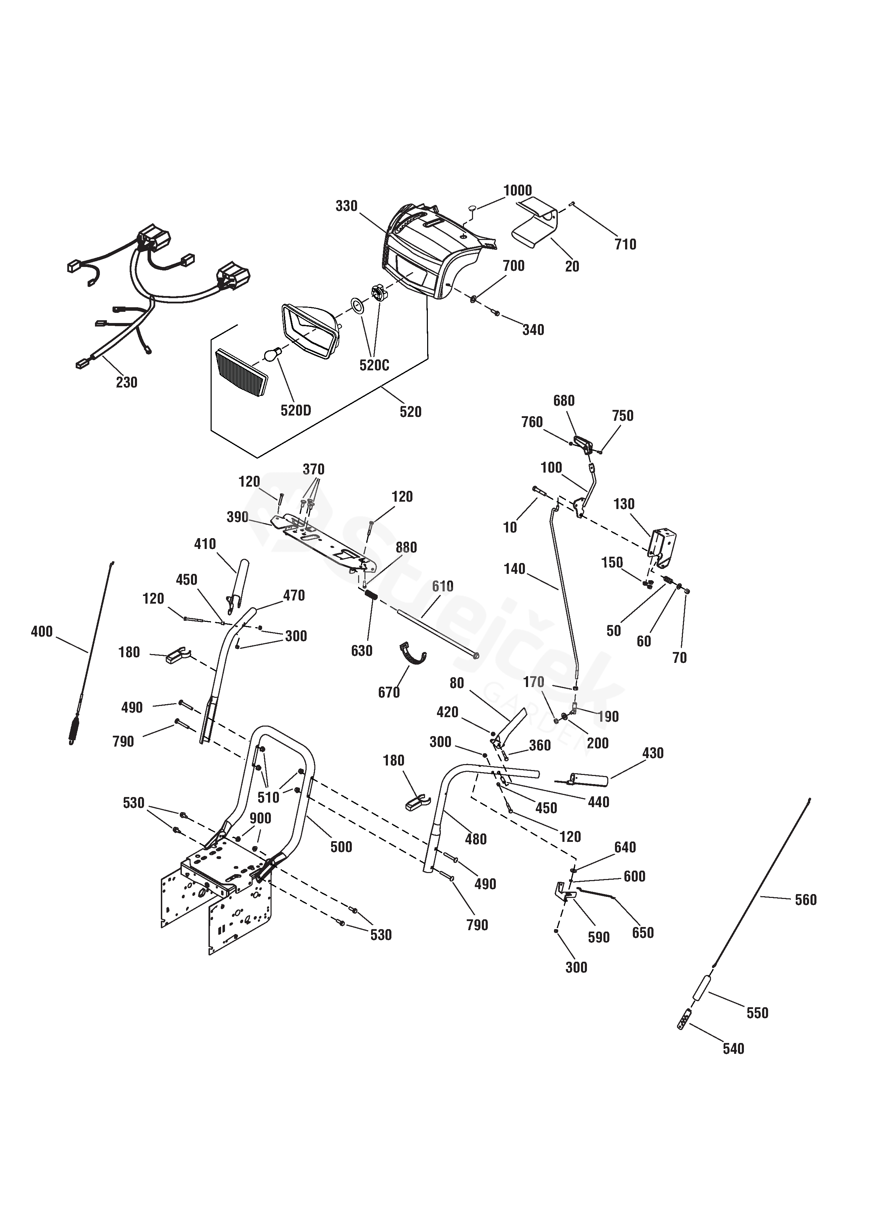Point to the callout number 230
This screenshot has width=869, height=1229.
click(x=126, y=382)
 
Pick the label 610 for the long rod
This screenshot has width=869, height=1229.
click(x=442, y=586)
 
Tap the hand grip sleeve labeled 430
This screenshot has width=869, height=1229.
click(x=589, y=780)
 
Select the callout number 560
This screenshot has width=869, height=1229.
click(x=805, y=900)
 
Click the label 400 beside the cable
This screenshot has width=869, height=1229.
click(x=42, y=632)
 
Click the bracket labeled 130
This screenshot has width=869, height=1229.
click(x=662, y=550)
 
